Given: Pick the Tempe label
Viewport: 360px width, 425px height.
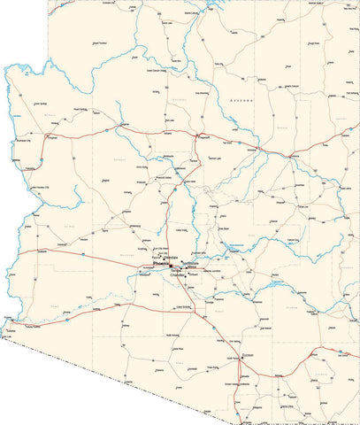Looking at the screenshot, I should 178,269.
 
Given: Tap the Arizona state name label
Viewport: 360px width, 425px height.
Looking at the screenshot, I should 240,102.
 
